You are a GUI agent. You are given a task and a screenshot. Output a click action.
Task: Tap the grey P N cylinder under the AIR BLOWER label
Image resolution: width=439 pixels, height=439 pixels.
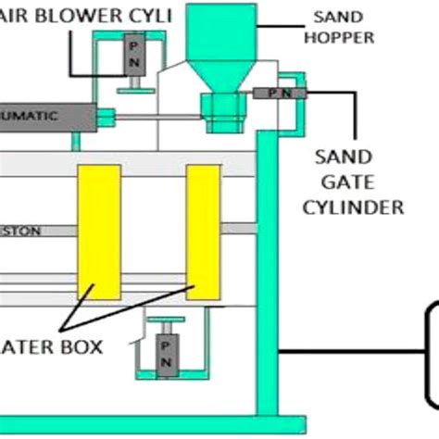[x=134, y=56]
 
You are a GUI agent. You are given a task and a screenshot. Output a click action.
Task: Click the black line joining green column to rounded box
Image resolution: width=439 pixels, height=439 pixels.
[x=352, y=352]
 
